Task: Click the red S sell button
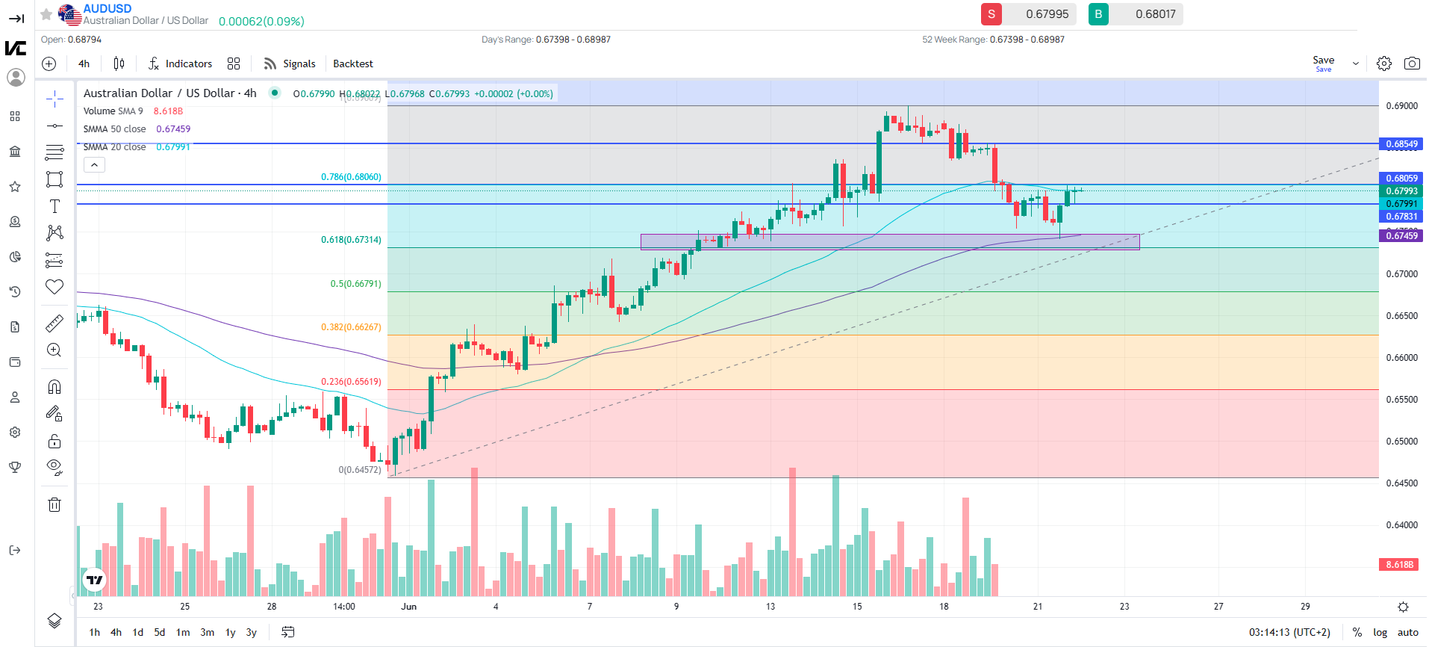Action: [991, 14]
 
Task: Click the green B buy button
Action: [1098, 14]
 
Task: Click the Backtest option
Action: [352, 64]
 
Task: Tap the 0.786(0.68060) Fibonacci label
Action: [351, 177]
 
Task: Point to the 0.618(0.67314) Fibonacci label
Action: [351, 240]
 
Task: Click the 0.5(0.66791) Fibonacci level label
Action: [355, 284]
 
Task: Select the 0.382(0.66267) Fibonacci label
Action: [351, 327]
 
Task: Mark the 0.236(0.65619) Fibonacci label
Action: [351, 382]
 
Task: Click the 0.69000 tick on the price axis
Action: [1401, 106]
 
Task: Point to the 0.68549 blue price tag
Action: [1401, 144]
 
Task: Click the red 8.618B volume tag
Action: [1399, 565]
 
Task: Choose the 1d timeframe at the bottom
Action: [137, 632]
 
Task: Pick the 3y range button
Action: [252, 632]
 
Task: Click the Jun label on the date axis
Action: [408, 607]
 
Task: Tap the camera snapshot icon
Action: [1411, 64]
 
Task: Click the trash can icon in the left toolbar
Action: [55, 505]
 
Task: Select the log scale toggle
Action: [1380, 632]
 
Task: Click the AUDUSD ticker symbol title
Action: [107, 9]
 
